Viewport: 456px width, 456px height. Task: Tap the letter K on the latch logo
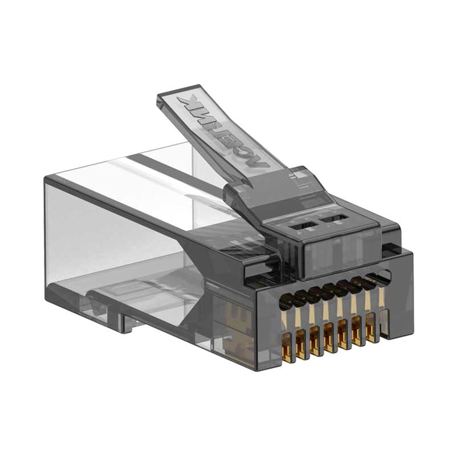pyautogui.click(x=186, y=103)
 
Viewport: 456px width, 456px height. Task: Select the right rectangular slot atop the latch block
pyautogui.click(x=335, y=217)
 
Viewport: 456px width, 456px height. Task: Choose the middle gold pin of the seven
pyautogui.click(x=329, y=336)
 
